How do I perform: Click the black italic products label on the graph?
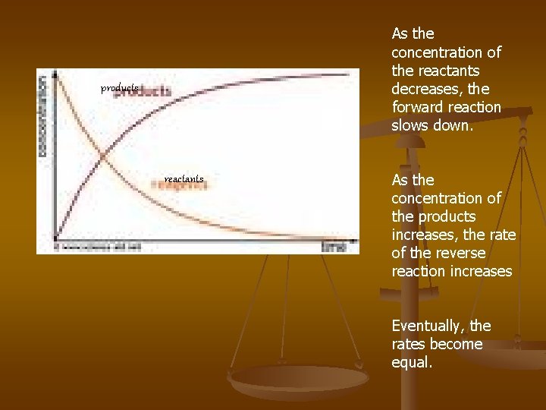[120, 89]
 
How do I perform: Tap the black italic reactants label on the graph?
[184, 179]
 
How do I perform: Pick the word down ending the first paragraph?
[455, 125]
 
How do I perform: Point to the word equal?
[411, 362]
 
